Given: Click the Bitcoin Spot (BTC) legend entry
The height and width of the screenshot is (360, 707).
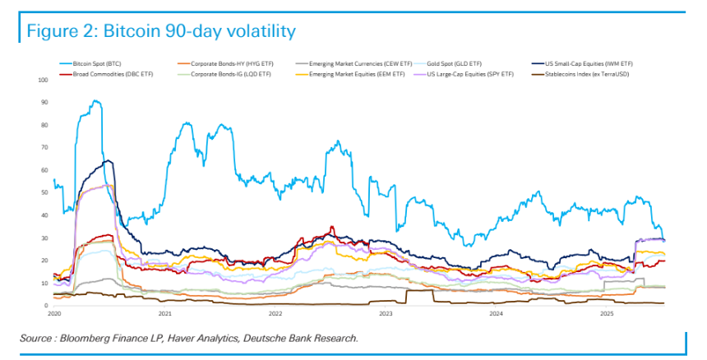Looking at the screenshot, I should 95,63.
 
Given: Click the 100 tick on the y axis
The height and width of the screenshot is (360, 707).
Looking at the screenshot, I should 44,80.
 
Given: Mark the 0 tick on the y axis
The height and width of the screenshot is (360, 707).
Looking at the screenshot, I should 48,306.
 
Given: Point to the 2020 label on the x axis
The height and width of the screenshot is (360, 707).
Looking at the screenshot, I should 54,314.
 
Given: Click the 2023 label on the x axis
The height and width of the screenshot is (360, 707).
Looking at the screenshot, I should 386,314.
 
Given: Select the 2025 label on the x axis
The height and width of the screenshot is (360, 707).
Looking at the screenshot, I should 606,314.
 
